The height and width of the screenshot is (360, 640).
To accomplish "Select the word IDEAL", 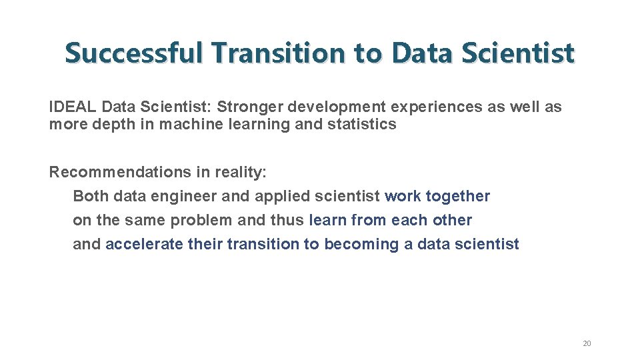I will [x=73, y=107].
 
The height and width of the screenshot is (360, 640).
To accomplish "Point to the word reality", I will [x=241, y=172].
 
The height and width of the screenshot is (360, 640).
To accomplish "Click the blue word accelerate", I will [x=144, y=244].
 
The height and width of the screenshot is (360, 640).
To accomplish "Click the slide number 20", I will [x=587, y=343].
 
